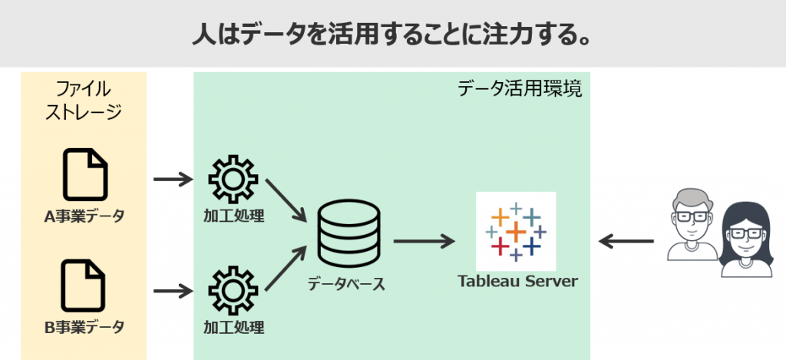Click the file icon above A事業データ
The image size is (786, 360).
click(x=84, y=174)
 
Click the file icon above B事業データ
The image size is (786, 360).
click(x=84, y=286)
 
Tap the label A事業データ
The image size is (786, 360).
click(x=84, y=216)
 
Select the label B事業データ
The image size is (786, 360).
click(x=84, y=328)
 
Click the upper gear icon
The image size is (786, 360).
click(x=233, y=179)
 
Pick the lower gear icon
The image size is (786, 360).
click(x=233, y=290)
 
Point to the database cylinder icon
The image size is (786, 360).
click(x=348, y=233)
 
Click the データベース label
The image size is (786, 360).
click(x=346, y=284)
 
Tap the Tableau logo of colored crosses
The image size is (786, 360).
click(x=516, y=232)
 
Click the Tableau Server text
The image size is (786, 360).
click(x=517, y=281)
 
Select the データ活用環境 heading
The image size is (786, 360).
click(x=520, y=89)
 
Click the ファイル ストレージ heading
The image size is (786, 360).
click(x=83, y=101)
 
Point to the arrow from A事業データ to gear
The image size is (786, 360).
click(x=173, y=179)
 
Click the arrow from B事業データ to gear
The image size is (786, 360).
click(x=173, y=290)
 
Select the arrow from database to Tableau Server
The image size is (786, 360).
click(x=424, y=242)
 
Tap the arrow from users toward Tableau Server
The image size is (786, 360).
click(x=626, y=242)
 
